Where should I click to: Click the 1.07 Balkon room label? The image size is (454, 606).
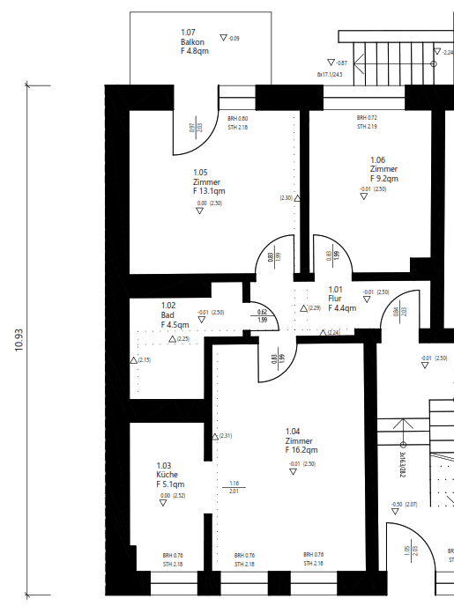tap(193, 41)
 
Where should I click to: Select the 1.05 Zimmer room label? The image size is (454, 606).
tap(207, 181)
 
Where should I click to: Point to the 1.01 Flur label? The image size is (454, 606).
tap(341, 299)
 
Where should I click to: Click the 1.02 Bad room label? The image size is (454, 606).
tap(173, 314)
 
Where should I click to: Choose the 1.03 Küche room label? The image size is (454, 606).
tap(169, 475)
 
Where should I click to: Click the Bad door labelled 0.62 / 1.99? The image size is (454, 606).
tap(262, 315)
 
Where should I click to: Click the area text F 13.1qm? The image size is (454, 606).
tap(208, 190)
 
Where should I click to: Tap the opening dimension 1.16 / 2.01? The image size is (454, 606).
tap(234, 487)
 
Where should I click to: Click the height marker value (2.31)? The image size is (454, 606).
tap(226, 436)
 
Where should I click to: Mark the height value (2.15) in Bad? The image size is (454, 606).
tap(145, 359)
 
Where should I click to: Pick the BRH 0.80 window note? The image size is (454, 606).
tap(238, 118)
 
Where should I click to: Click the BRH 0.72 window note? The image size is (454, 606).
tap(367, 117)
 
